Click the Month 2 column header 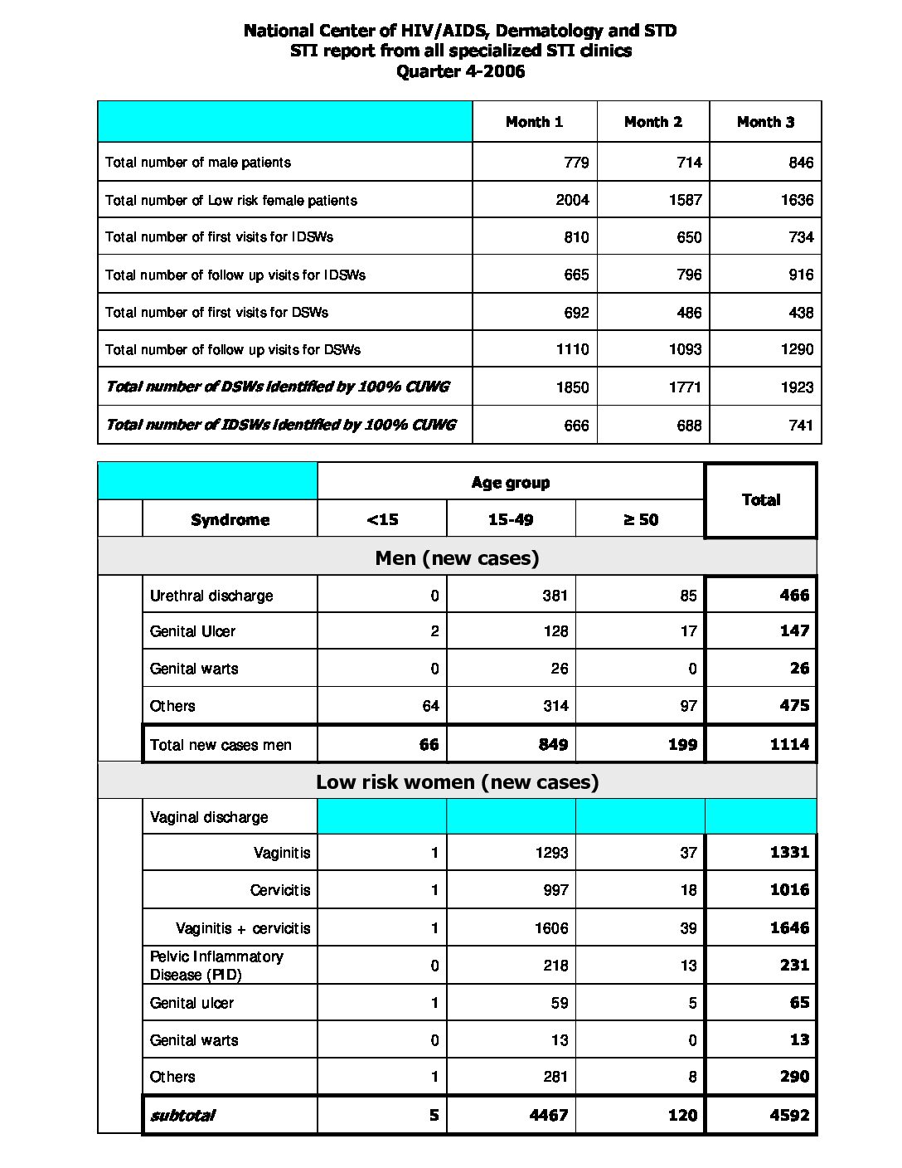coord(653,122)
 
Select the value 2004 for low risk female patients coord(572,200)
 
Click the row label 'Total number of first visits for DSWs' coord(216,313)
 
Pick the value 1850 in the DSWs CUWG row coord(572,387)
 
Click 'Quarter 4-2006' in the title coord(460,71)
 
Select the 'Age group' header coord(511,483)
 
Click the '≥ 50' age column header coord(640,520)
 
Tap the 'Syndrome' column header coord(230,520)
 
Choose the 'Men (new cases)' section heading coord(457,557)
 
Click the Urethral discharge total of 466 coord(794,595)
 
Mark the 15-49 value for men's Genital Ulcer coord(555,631)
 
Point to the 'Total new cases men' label coord(221,745)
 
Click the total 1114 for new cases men coord(789,744)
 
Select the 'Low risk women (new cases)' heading coord(457,781)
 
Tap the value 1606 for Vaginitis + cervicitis coord(551,928)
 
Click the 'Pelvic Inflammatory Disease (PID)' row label coord(216,966)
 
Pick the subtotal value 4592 coord(789,1115)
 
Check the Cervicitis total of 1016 coord(789,890)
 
